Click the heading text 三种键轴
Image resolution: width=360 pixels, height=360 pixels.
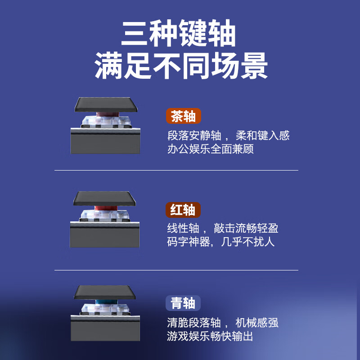(x=179, y=36)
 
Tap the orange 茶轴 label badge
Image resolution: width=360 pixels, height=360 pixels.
(x=183, y=116)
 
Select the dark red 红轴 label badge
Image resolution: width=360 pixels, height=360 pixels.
(x=183, y=210)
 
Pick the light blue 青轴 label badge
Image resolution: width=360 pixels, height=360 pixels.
(x=183, y=303)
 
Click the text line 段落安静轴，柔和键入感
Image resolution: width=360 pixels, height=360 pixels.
(x=228, y=135)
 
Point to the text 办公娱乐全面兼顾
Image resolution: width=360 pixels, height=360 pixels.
(x=211, y=149)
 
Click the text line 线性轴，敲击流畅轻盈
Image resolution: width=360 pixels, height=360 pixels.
(x=223, y=228)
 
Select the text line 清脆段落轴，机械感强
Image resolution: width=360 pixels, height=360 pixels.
(x=223, y=323)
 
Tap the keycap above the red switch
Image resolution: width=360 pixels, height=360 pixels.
(x=104, y=198)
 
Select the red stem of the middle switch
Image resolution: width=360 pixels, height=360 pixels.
(x=104, y=209)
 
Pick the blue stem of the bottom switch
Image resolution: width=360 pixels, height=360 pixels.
(x=104, y=303)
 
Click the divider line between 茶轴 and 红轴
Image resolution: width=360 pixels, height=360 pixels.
(x=176, y=171)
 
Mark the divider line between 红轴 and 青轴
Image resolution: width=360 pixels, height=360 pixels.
(x=176, y=270)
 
